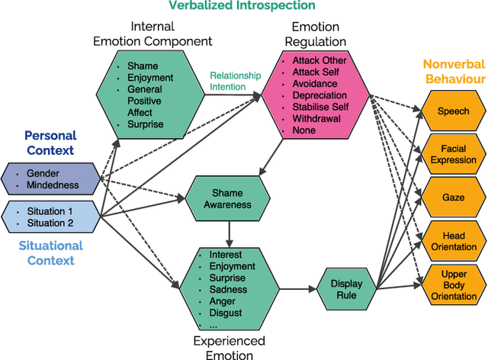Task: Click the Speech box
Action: tap(453, 111)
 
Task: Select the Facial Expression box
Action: tap(453, 154)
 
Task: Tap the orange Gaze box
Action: tap(453, 197)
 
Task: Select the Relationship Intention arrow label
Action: tap(235, 81)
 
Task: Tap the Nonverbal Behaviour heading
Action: tap(453, 70)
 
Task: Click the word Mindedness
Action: tap(53, 185)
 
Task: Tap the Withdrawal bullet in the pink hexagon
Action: tap(315, 119)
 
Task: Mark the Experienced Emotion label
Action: tap(230, 347)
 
